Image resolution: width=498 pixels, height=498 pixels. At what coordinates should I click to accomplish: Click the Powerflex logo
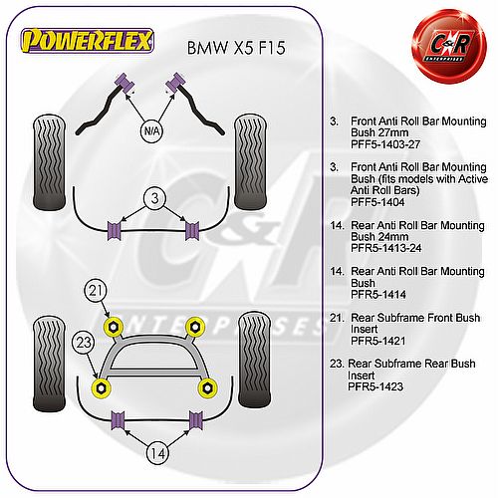point(88,41)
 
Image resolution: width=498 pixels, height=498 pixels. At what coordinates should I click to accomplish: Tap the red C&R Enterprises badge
point(448,46)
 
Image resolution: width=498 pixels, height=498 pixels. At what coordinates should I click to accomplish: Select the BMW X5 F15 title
point(236,48)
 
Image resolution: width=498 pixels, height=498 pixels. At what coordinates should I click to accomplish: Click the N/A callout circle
point(151,131)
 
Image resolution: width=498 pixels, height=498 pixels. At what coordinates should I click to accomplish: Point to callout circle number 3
point(154,198)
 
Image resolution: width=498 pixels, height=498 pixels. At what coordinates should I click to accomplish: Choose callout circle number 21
point(96,291)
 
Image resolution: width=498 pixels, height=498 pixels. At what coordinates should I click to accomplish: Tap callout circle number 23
point(84,343)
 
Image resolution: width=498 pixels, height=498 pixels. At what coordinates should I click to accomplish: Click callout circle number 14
point(157,453)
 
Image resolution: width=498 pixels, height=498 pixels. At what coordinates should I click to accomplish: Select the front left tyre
point(49,162)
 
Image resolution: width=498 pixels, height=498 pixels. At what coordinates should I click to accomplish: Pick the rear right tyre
point(255,360)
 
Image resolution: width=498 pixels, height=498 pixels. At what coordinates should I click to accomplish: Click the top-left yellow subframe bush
point(114,327)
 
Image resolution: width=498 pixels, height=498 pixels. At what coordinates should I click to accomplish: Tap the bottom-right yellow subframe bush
point(207,387)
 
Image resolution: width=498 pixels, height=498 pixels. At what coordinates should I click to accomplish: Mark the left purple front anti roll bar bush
point(115,230)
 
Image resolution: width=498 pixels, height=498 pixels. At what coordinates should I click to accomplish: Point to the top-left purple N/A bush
point(124,84)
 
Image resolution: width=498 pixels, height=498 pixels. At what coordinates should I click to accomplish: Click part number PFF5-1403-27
point(385,144)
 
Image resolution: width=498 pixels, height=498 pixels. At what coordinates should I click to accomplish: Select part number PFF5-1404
point(377,202)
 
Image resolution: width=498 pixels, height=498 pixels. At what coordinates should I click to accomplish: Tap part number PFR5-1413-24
point(385,248)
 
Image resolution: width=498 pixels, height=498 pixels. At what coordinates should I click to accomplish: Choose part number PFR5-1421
point(377,341)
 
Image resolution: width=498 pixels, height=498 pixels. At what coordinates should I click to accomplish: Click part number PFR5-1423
point(375,386)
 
